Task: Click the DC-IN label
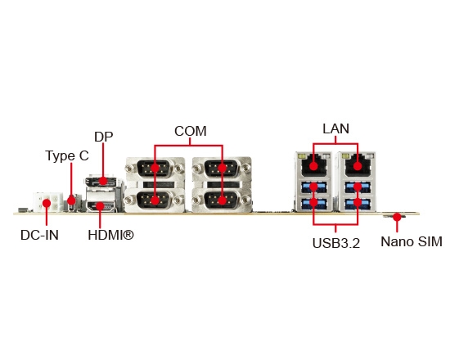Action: [39, 235]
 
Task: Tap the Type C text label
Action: [67, 156]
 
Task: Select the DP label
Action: [104, 137]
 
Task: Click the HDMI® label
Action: [110, 235]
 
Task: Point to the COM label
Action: [191, 131]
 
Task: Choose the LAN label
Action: [335, 128]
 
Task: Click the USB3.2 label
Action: [335, 243]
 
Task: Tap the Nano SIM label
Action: [412, 241]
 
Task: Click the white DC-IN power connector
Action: [47, 202]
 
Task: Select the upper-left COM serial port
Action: [155, 168]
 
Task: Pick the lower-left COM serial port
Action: [155, 200]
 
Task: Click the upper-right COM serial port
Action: [222, 168]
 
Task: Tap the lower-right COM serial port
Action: [222, 200]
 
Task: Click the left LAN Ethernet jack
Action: [313, 165]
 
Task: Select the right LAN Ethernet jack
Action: [358, 165]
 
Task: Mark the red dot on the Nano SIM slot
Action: [397, 217]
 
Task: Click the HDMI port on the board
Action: [100, 206]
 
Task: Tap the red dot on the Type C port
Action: [71, 200]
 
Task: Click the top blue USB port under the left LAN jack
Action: [313, 187]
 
